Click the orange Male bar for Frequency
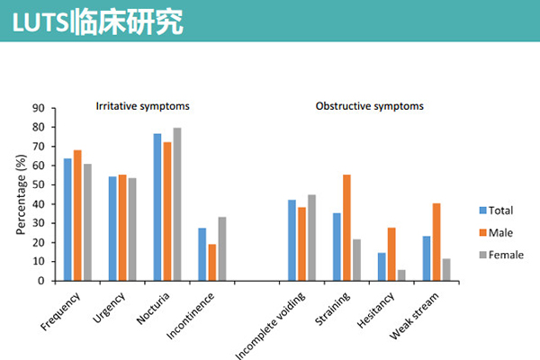[x=77, y=215]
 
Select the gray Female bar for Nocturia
[x=177, y=204]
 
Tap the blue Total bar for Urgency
[x=112, y=229]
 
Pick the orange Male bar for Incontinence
[x=212, y=263]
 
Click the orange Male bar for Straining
[x=346, y=228]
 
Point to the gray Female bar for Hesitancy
[x=401, y=275]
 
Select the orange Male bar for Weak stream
[x=436, y=242]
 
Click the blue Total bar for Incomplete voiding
[x=292, y=240]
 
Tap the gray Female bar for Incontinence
[x=222, y=248]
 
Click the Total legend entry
[x=496, y=210]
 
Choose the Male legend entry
[x=496, y=232]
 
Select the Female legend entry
[x=501, y=255]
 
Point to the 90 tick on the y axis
[x=53, y=108]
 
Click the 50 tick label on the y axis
[x=39, y=185]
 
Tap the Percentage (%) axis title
[x=21, y=194]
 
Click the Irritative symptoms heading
[x=142, y=106]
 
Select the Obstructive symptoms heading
[x=370, y=106]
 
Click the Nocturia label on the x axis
[x=153, y=309]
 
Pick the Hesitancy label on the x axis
[x=375, y=310]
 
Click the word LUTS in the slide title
[x=41, y=22]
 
